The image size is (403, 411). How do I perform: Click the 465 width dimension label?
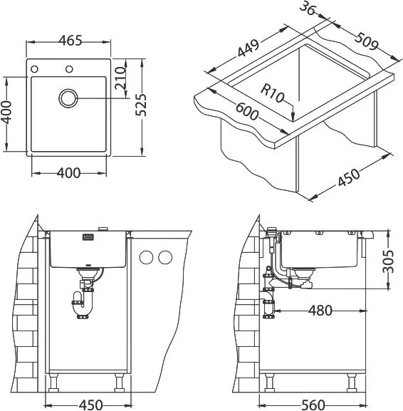[x=70, y=41]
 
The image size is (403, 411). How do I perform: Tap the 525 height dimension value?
[x=141, y=105]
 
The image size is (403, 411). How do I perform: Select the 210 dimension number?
[x=120, y=78]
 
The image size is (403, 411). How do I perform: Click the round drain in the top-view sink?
[x=68, y=98]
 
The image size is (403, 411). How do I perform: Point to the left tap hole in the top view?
[x=34, y=69]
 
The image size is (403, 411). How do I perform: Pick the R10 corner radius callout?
[x=273, y=93]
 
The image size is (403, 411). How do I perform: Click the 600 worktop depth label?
[x=247, y=111]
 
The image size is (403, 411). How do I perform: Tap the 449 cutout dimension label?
[x=248, y=48]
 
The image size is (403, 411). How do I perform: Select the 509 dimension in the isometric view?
[x=367, y=41]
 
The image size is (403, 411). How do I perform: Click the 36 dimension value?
[x=307, y=9]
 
